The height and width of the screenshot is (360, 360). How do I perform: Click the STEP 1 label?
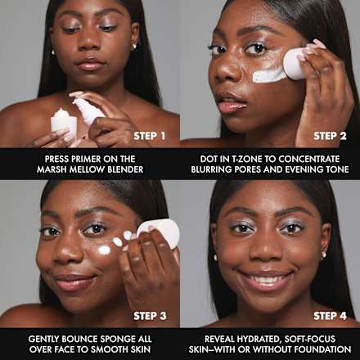(x=151, y=136)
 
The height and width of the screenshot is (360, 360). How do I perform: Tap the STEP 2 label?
(x=330, y=136)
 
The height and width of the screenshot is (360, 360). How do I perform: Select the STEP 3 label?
(x=151, y=316)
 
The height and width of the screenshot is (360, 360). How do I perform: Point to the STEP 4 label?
(x=330, y=316)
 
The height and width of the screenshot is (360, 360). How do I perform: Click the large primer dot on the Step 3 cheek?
(x=105, y=250)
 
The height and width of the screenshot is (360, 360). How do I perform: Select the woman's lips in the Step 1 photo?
(x=90, y=65)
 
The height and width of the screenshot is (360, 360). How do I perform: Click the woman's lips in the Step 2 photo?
(x=232, y=104)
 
